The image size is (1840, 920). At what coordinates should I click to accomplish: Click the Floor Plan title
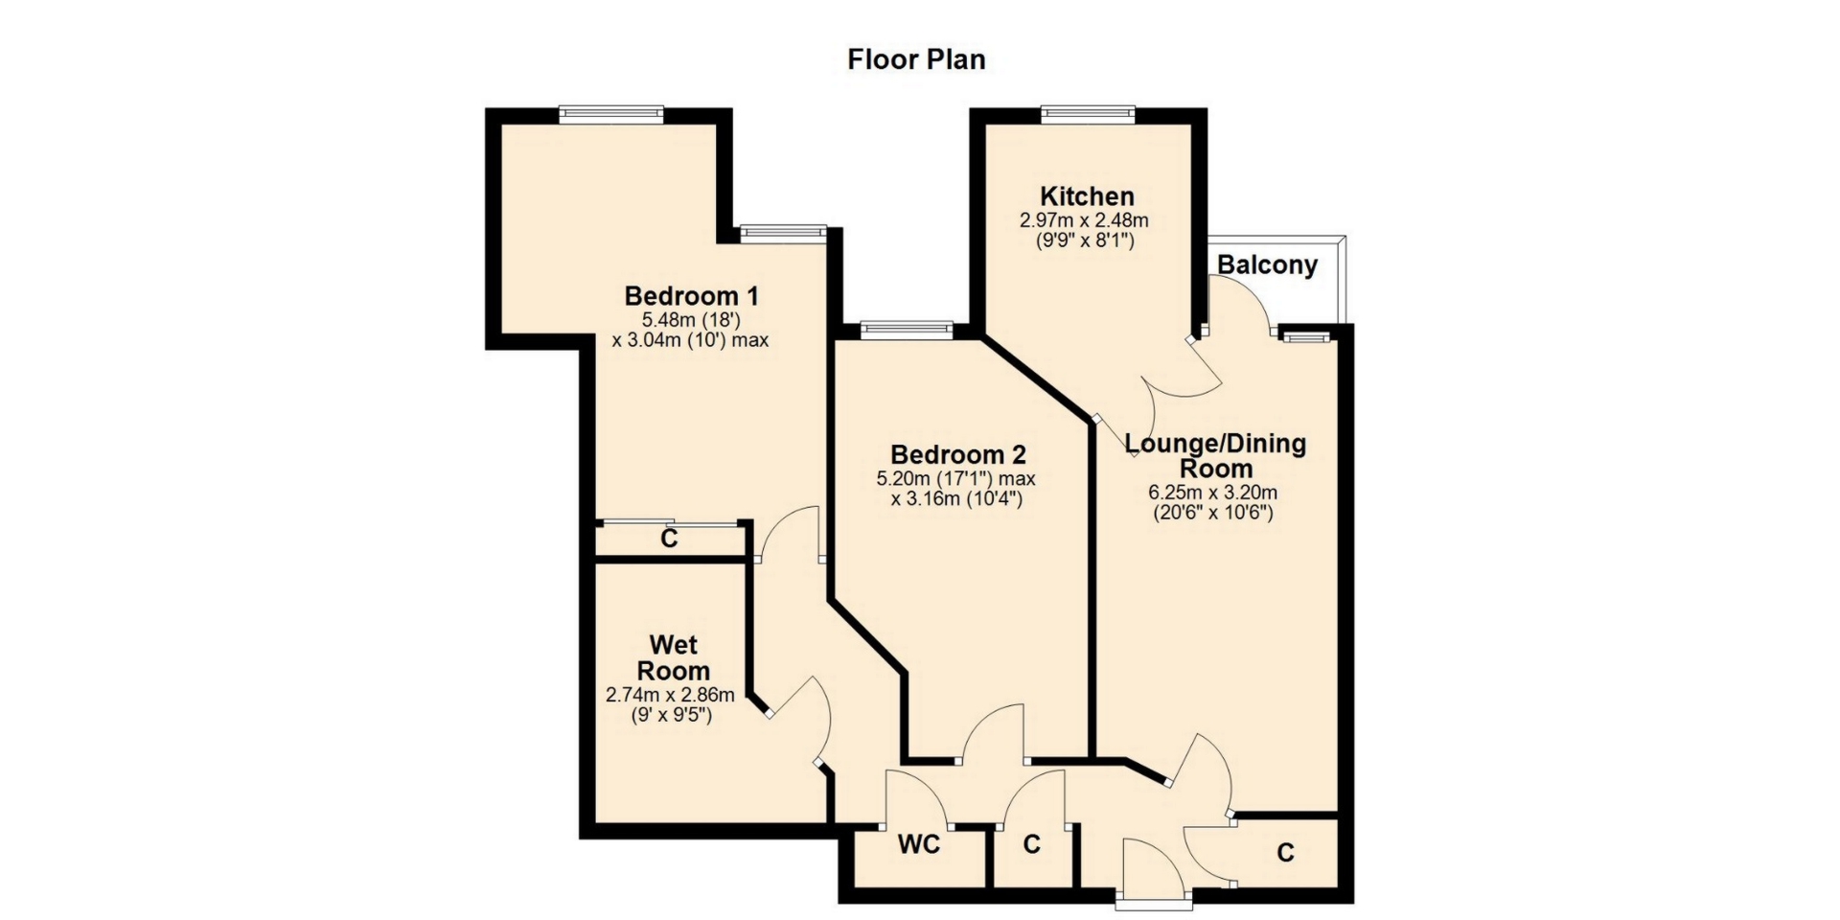coord(916,59)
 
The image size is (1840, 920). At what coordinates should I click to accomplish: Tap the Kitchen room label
coord(1088,196)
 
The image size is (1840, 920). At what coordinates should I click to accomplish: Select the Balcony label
coord(1267,265)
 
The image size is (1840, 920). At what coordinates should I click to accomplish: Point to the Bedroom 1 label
coord(691,295)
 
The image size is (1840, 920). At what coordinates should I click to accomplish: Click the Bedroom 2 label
coord(958,454)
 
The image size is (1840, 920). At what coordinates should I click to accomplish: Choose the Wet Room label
coord(674,657)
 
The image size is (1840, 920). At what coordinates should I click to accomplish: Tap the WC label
coord(919,844)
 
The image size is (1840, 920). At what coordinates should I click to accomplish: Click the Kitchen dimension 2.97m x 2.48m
coord(1084,220)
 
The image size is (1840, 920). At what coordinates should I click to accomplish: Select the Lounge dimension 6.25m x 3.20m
coord(1213,494)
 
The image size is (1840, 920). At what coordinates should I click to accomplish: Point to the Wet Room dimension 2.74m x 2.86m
coord(671,696)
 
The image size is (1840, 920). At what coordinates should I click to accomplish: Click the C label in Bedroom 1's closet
coord(669,540)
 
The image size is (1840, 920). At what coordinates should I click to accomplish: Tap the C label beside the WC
coord(1031,845)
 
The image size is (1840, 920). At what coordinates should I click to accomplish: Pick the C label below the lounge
coord(1285,853)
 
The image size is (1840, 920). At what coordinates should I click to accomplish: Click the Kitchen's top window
coord(1089,114)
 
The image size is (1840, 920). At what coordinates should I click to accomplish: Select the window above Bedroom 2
coord(907,331)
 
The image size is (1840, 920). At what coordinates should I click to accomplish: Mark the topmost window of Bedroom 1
coord(611,114)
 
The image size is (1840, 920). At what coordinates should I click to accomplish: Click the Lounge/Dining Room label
coord(1215,456)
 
